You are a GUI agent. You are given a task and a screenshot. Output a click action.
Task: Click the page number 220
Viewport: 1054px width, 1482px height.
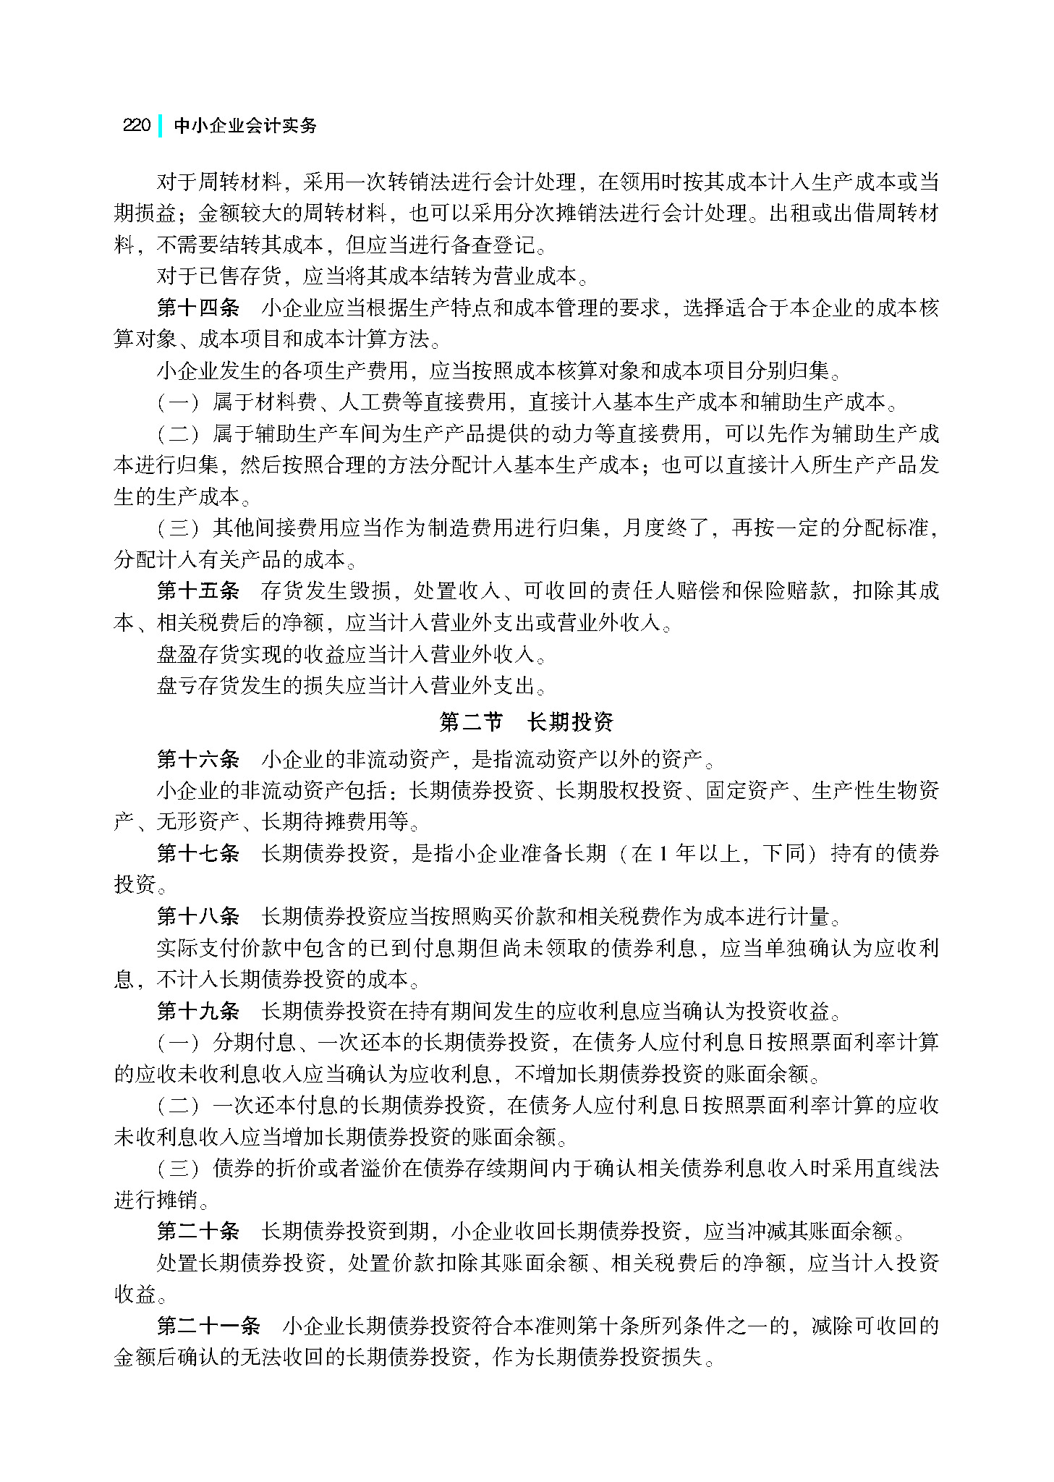(136, 125)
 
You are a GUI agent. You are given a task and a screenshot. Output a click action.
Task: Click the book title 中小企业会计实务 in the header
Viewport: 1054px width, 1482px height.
(245, 125)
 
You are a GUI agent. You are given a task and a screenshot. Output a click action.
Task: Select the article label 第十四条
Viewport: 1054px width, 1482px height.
(197, 308)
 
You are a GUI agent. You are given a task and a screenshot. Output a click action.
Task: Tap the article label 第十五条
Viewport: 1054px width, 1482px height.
(197, 590)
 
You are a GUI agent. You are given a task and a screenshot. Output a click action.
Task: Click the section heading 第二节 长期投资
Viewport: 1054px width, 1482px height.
(527, 721)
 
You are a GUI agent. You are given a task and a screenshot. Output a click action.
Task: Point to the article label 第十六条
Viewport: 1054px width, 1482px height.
(197, 759)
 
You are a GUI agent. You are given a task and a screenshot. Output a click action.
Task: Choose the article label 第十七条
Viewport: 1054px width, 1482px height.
(197, 853)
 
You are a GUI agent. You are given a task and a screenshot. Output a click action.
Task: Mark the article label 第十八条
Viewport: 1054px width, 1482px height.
(197, 916)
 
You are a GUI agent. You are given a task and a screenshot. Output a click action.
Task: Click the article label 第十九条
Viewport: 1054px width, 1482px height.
(197, 1010)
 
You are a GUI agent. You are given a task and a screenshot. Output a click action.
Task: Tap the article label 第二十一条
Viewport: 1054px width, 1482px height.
(208, 1326)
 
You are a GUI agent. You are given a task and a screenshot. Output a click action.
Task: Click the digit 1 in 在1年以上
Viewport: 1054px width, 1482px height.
(662, 854)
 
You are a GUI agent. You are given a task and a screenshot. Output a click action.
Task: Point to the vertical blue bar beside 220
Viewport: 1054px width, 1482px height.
(159, 125)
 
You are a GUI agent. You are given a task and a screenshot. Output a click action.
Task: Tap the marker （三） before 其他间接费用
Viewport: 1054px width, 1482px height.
(178, 528)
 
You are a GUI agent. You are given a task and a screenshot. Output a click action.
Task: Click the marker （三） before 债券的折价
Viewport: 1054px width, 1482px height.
(178, 1168)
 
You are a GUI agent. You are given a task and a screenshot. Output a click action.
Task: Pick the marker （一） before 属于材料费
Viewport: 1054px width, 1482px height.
(178, 402)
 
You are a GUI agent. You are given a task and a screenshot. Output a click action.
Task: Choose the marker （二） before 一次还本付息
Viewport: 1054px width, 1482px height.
(178, 1105)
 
